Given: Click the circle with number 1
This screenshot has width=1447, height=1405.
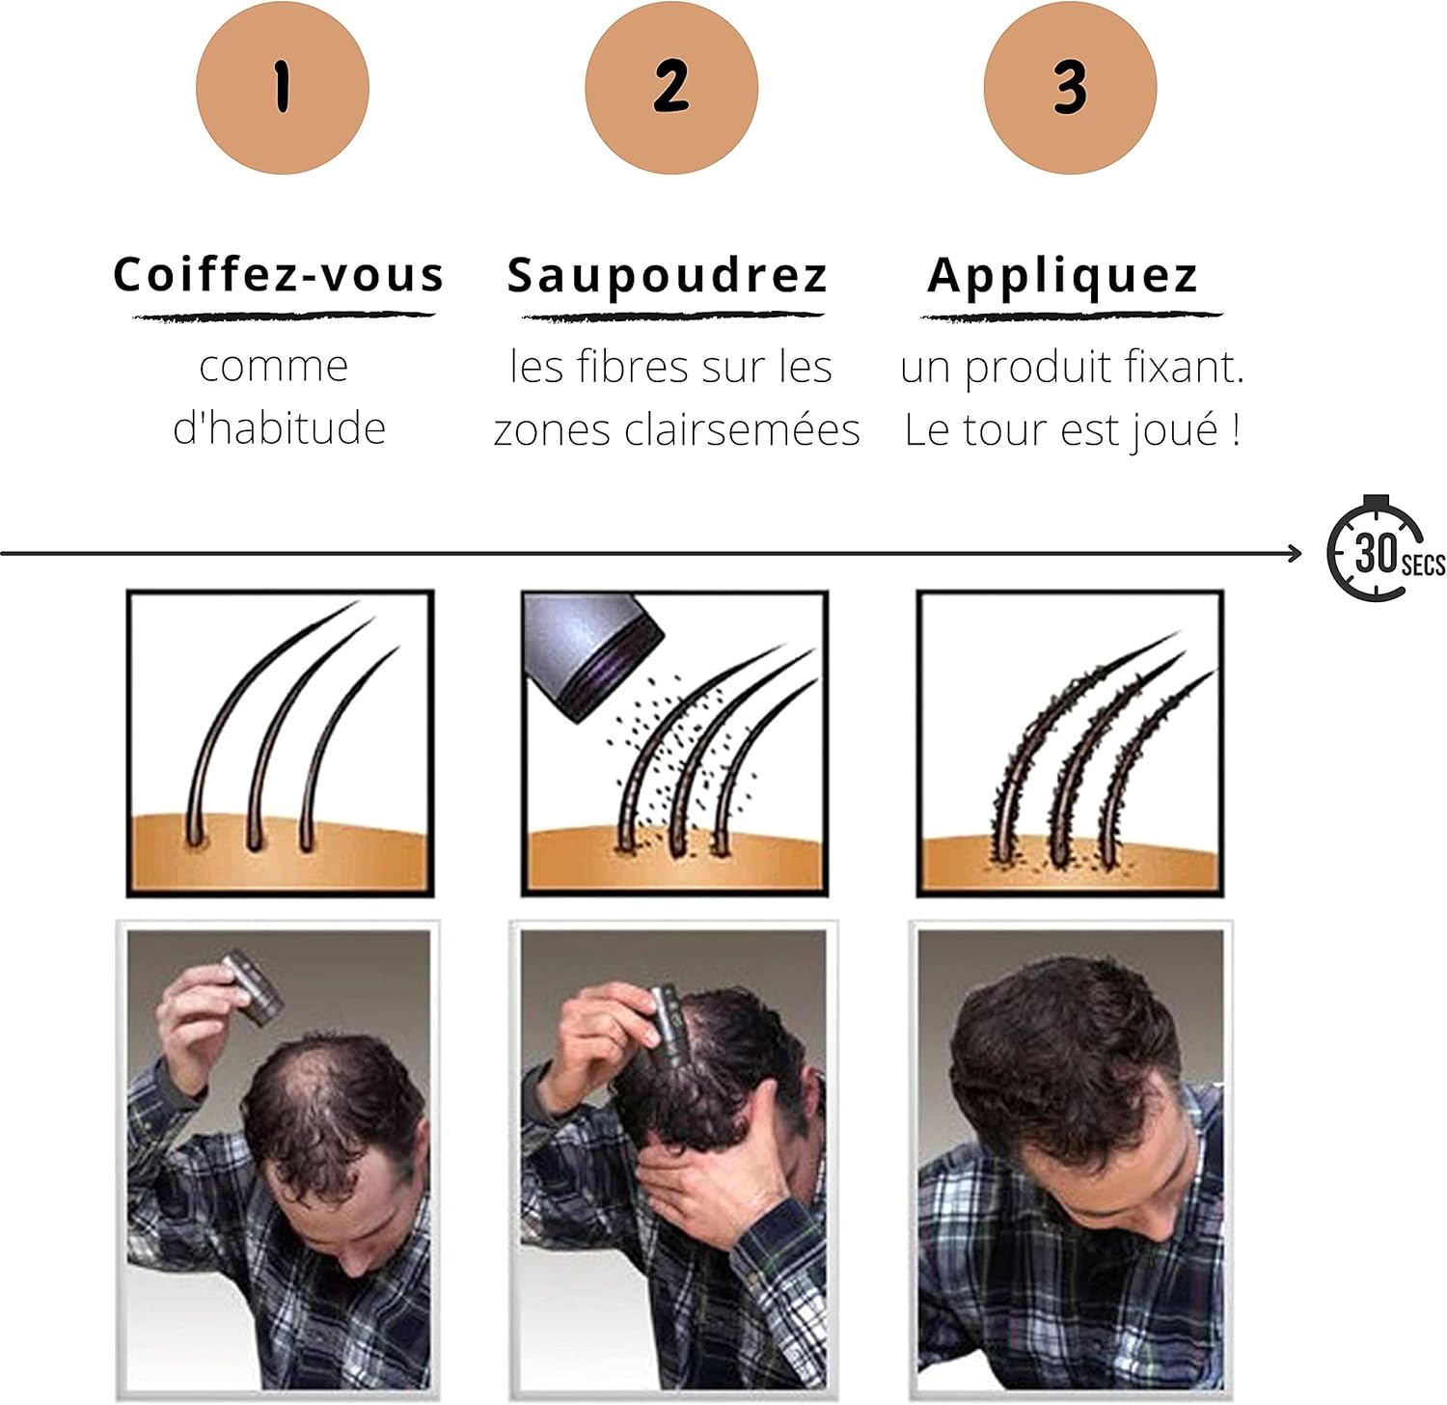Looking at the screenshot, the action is point(283,88).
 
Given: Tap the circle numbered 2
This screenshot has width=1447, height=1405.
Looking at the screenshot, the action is point(671,88).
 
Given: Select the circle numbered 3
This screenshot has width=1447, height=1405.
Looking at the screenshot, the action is point(1071,88).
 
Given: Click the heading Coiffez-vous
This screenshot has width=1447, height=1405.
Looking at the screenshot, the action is point(279,275).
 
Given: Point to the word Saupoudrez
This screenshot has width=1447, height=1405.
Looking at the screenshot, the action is point(668,276).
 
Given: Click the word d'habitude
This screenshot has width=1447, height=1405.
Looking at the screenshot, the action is point(279,427).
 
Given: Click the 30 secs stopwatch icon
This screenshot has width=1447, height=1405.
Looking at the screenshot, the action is point(1381,550).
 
